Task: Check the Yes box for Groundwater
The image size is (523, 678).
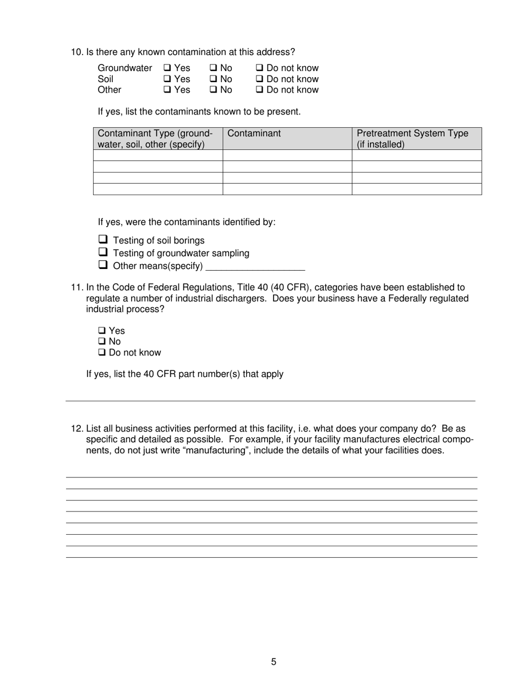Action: (x=167, y=68)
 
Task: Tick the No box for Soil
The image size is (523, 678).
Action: (x=213, y=79)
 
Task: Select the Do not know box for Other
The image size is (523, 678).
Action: (x=260, y=90)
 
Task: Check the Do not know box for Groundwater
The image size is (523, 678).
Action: (x=260, y=68)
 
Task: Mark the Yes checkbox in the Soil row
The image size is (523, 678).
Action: (x=167, y=79)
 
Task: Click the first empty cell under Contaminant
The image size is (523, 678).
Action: (x=287, y=155)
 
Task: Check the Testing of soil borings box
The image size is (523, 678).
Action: (x=103, y=240)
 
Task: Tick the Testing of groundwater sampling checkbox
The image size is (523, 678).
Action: (x=103, y=252)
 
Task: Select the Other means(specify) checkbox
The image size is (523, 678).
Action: (x=103, y=265)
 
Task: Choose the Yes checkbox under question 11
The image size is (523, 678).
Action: (x=102, y=331)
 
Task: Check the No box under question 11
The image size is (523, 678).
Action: (x=102, y=342)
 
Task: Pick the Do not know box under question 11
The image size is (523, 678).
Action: (x=102, y=353)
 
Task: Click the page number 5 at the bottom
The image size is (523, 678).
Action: (x=274, y=662)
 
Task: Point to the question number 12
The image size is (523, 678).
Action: (x=77, y=429)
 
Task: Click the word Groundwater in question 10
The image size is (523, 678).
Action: (x=124, y=68)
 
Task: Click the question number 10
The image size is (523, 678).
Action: (x=77, y=52)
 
